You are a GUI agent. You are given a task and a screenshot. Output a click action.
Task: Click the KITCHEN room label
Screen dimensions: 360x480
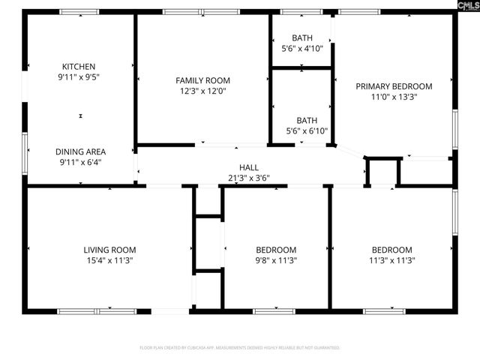click(79, 66)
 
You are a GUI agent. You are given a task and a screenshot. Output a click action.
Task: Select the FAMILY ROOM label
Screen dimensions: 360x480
click(202, 80)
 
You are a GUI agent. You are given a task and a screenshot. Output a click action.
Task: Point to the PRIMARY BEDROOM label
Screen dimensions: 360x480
click(394, 86)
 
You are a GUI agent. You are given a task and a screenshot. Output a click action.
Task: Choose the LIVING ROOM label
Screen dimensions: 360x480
click(109, 250)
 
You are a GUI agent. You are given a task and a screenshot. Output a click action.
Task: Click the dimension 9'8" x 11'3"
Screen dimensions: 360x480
click(276, 260)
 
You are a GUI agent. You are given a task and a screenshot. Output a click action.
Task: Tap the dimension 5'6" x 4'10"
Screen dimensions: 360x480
click(302, 48)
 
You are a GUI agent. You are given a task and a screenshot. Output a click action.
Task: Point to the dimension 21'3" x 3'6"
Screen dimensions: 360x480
click(248, 178)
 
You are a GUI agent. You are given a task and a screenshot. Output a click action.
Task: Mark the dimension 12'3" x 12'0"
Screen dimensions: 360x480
click(202, 91)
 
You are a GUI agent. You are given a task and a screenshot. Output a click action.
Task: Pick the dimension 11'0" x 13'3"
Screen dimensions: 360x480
click(394, 97)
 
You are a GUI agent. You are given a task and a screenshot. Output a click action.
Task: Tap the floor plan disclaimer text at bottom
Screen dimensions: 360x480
click(240, 348)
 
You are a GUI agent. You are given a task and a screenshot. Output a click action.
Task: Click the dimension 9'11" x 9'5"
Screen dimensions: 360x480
click(79, 76)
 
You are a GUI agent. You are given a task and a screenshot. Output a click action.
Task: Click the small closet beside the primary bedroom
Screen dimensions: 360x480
click(382, 172)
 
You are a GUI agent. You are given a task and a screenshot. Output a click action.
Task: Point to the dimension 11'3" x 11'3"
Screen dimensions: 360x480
click(392, 260)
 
